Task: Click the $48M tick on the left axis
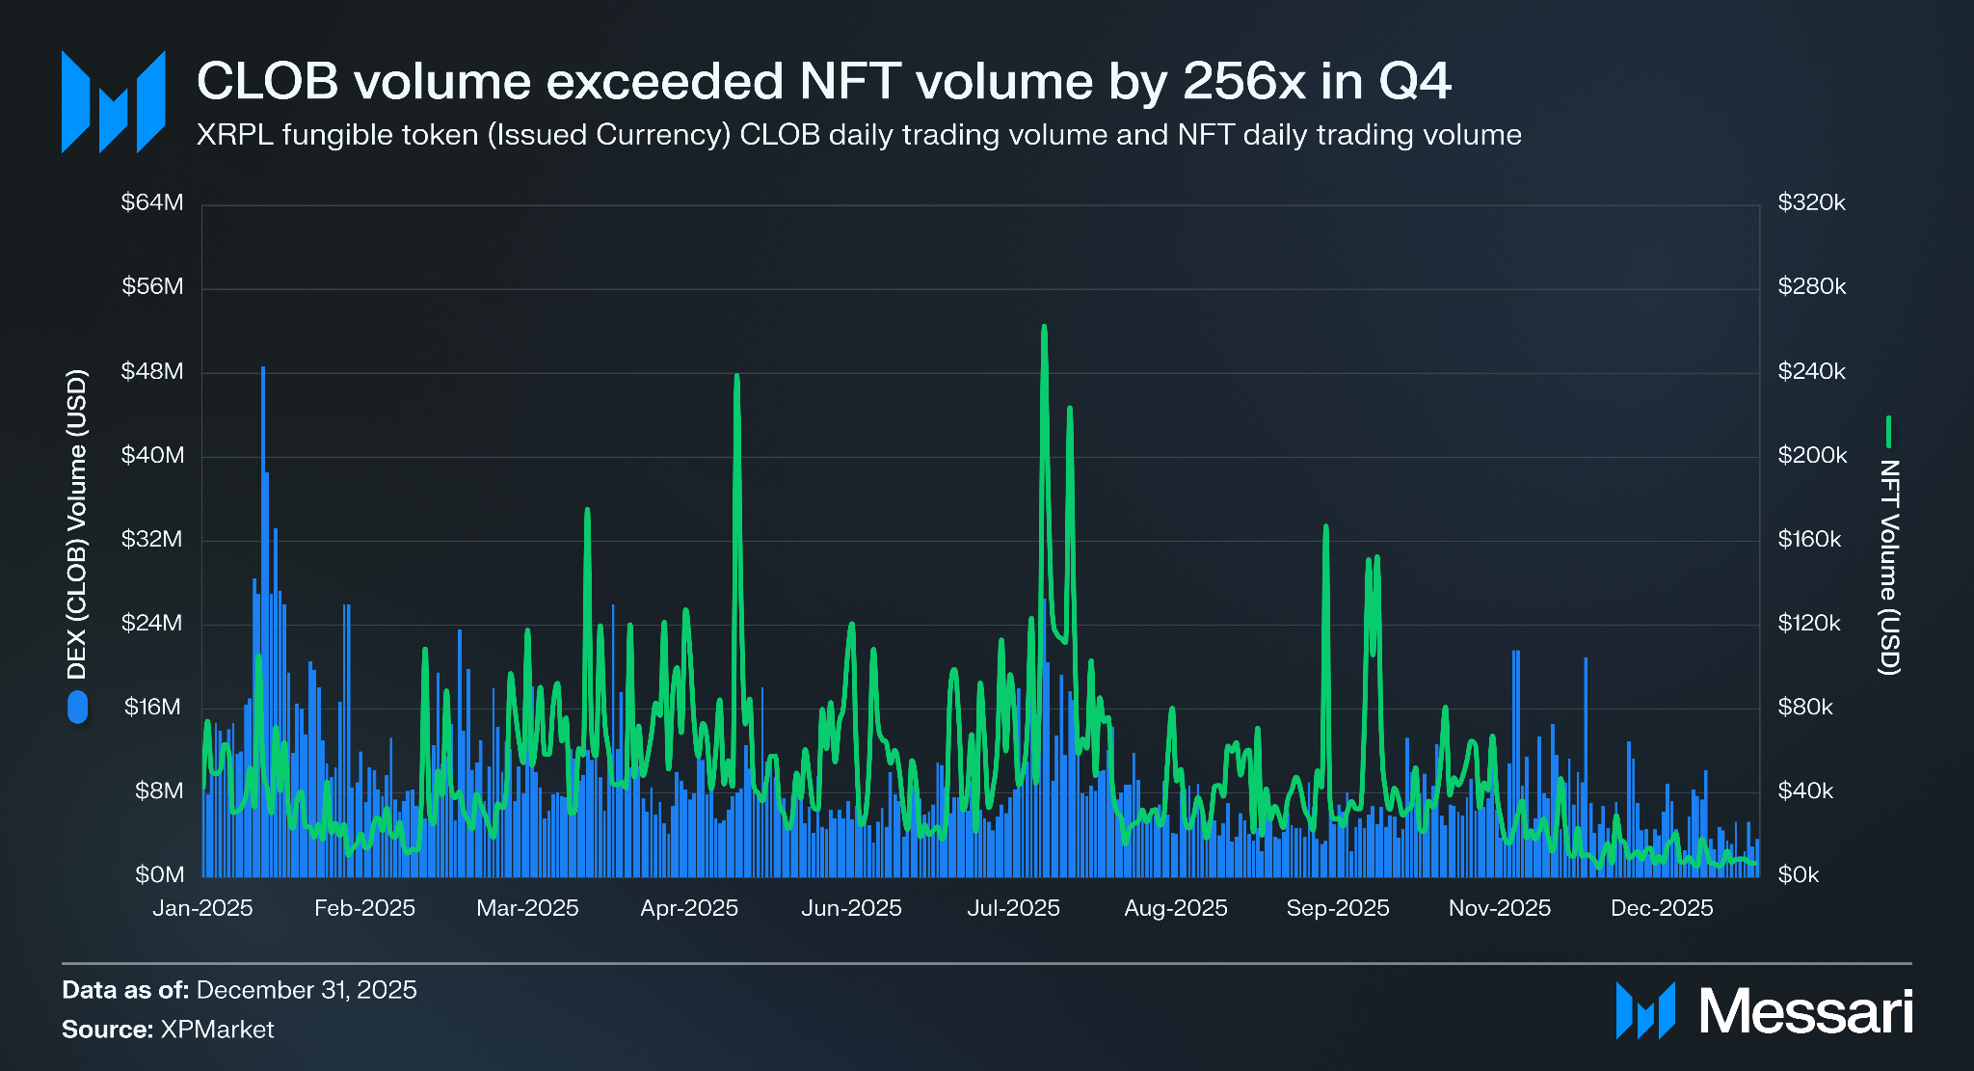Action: pyautogui.click(x=152, y=372)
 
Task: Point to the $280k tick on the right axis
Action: pyautogui.click(x=1811, y=287)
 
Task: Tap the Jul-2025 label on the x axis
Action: pyautogui.click(x=1013, y=908)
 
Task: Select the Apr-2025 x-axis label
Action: pyautogui.click(x=689, y=908)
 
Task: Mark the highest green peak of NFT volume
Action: pyautogui.click(x=1044, y=329)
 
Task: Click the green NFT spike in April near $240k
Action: pyautogui.click(x=736, y=378)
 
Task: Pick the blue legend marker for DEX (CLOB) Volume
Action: pyautogui.click(x=77, y=708)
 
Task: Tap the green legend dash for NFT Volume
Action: pyautogui.click(x=1888, y=432)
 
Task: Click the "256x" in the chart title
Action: pyautogui.click(x=1244, y=81)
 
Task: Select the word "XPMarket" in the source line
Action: pyautogui.click(x=217, y=1030)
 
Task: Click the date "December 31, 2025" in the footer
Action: pyautogui.click(x=307, y=990)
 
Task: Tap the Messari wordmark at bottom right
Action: pyautogui.click(x=1804, y=1011)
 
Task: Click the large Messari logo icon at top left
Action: pyautogui.click(x=113, y=102)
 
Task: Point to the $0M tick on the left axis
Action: pyautogui.click(x=160, y=875)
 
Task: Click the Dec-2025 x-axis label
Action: pyautogui.click(x=1662, y=908)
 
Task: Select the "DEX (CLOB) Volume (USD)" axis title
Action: pyautogui.click(x=77, y=524)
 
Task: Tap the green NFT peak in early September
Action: pyautogui.click(x=1326, y=527)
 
